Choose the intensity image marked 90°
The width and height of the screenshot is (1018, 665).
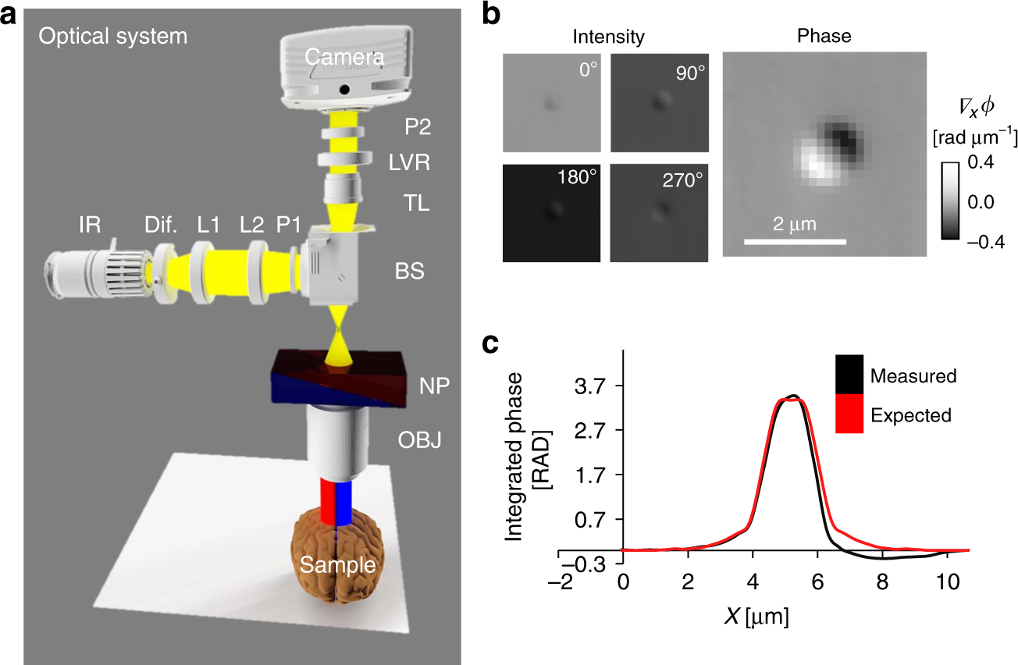[x=660, y=102]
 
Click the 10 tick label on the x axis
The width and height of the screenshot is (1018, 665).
[x=947, y=581]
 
